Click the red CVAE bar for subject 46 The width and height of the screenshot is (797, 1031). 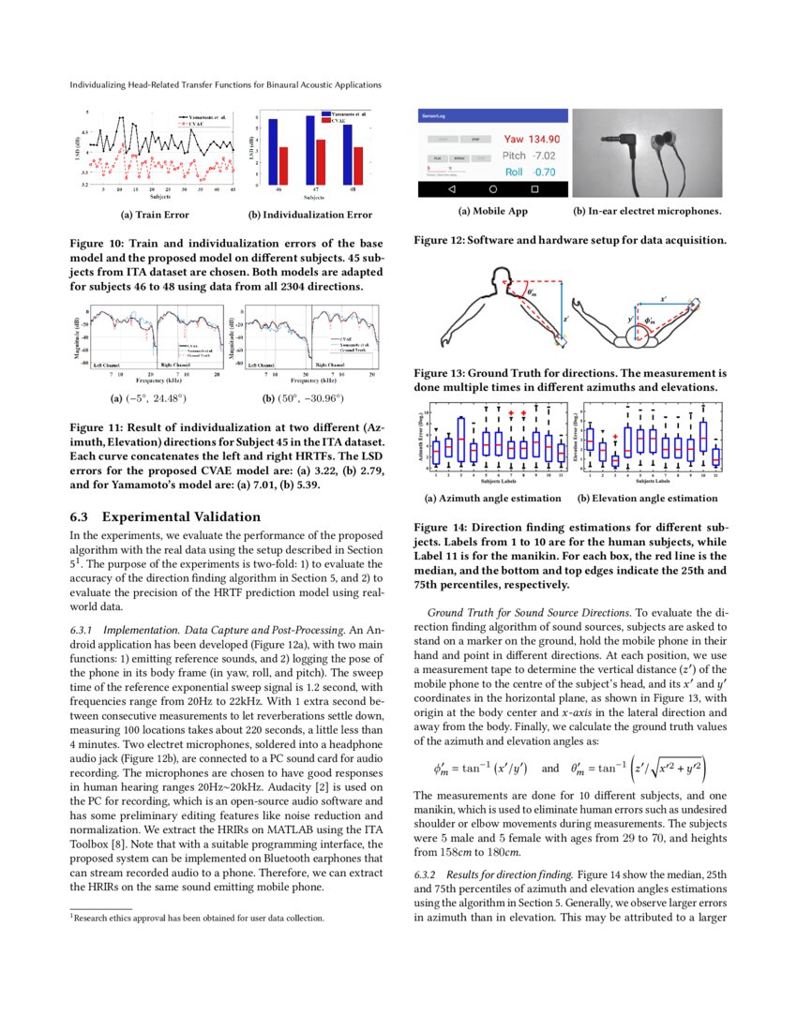point(284,165)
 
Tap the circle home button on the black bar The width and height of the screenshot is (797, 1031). point(492,189)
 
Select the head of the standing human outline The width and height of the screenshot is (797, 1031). point(493,279)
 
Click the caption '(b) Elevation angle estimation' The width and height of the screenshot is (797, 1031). point(648,498)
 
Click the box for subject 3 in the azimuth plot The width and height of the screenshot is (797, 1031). point(460,440)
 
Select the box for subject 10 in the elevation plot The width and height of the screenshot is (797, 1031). point(703,437)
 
